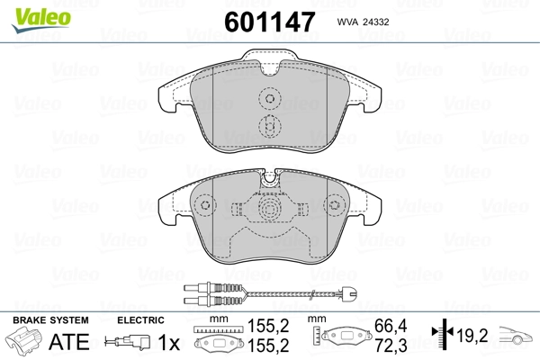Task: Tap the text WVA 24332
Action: click(363, 20)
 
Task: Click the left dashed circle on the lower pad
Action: click(205, 206)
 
